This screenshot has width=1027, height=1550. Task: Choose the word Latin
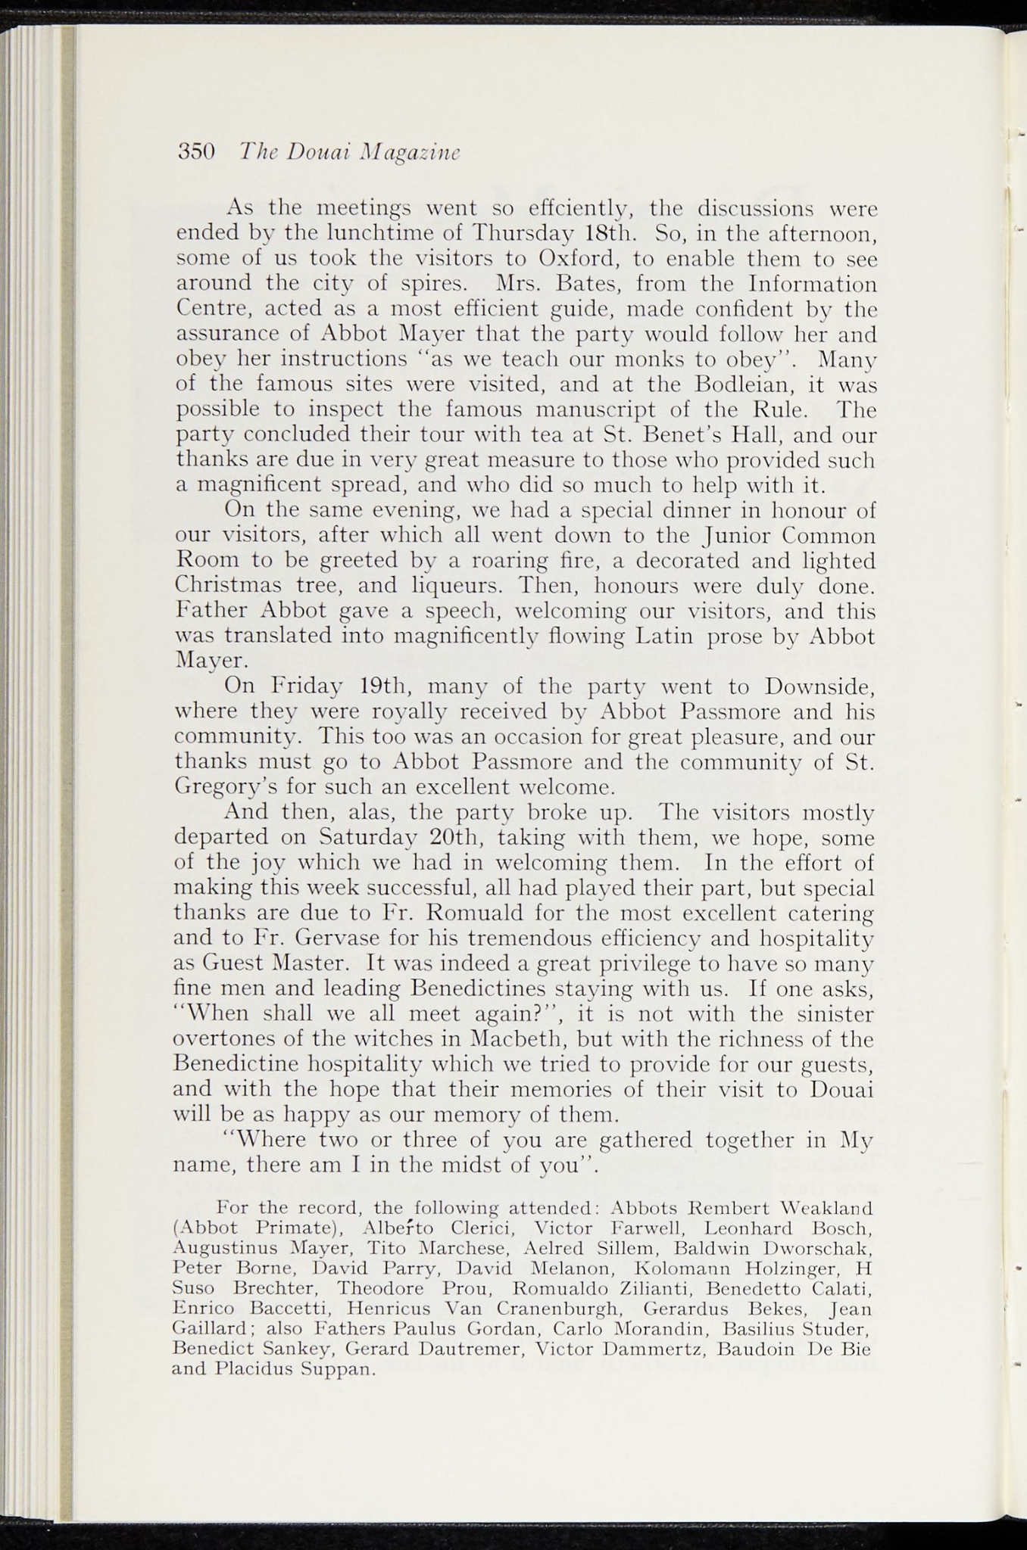tap(664, 636)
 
